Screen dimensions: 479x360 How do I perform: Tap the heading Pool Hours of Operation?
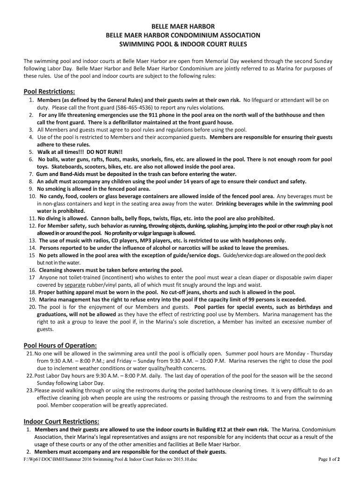click(x=60, y=345)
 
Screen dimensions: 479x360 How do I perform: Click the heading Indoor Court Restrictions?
click(x=61, y=421)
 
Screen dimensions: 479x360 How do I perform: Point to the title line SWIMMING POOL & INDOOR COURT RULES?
click(x=180, y=44)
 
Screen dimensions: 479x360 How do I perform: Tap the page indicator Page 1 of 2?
click(x=329, y=459)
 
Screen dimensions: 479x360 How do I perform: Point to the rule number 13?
click(x=33, y=240)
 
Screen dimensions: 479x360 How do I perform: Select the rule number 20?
click(x=33, y=307)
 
